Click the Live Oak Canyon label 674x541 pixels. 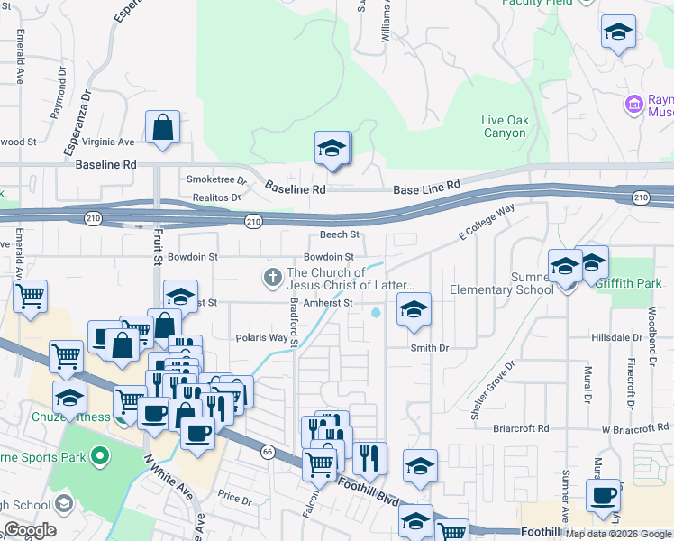pyautogui.click(x=504, y=126)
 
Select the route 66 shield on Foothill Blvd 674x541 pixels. pyautogui.click(x=268, y=451)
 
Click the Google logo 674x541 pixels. pyautogui.click(x=30, y=530)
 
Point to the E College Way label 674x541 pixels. pyautogui.click(x=487, y=222)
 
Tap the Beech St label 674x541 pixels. pyautogui.click(x=340, y=234)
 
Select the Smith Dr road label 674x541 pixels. pyautogui.click(x=429, y=348)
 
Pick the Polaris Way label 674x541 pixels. pyautogui.click(x=261, y=338)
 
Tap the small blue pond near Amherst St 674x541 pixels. pyautogui.click(x=375, y=313)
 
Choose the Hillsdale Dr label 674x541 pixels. pyautogui.click(x=616, y=336)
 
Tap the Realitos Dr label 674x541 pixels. pyautogui.click(x=216, y=197)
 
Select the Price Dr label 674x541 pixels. pyautogui.click(x=234, y=497)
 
